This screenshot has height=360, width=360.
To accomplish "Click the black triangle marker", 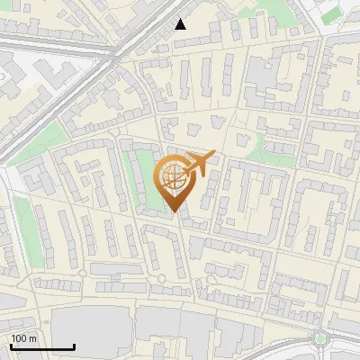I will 181,24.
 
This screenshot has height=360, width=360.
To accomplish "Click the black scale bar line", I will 42,346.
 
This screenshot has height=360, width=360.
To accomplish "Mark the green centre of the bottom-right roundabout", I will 319,339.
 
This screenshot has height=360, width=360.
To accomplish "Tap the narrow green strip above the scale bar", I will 22,225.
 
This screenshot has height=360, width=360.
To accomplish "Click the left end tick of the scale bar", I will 12,346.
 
